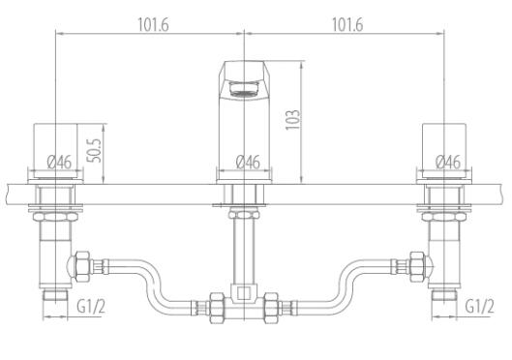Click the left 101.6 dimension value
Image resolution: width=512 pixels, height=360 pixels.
(153, 25)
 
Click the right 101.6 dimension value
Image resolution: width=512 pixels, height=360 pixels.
(347, 25)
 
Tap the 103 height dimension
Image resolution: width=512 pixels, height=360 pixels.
(292, 120)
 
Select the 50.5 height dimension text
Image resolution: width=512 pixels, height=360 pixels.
(95, 150)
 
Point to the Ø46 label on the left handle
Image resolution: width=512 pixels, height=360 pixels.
(59, 162)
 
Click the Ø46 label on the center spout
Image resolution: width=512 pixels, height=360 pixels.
(248, 162)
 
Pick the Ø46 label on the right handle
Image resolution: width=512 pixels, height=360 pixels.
(448, 162)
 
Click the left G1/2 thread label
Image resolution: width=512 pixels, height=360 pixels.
(91, 307)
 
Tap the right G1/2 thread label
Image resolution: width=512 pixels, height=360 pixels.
(479, 307)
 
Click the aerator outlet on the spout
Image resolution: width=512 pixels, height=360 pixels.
(244, 89)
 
